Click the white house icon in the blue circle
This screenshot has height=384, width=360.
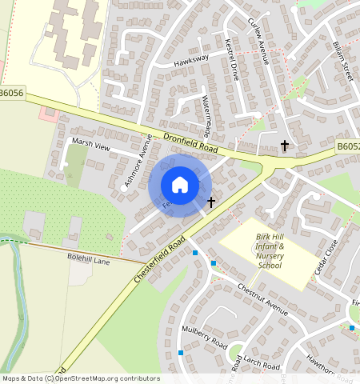180,185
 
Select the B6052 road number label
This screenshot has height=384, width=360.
347,147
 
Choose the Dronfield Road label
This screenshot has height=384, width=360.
190,143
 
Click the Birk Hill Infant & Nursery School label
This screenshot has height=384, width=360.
270,251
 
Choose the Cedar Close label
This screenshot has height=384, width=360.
327,255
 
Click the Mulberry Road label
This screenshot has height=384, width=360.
205,342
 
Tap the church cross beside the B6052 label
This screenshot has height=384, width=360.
284,146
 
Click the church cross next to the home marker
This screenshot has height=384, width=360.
211,202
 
